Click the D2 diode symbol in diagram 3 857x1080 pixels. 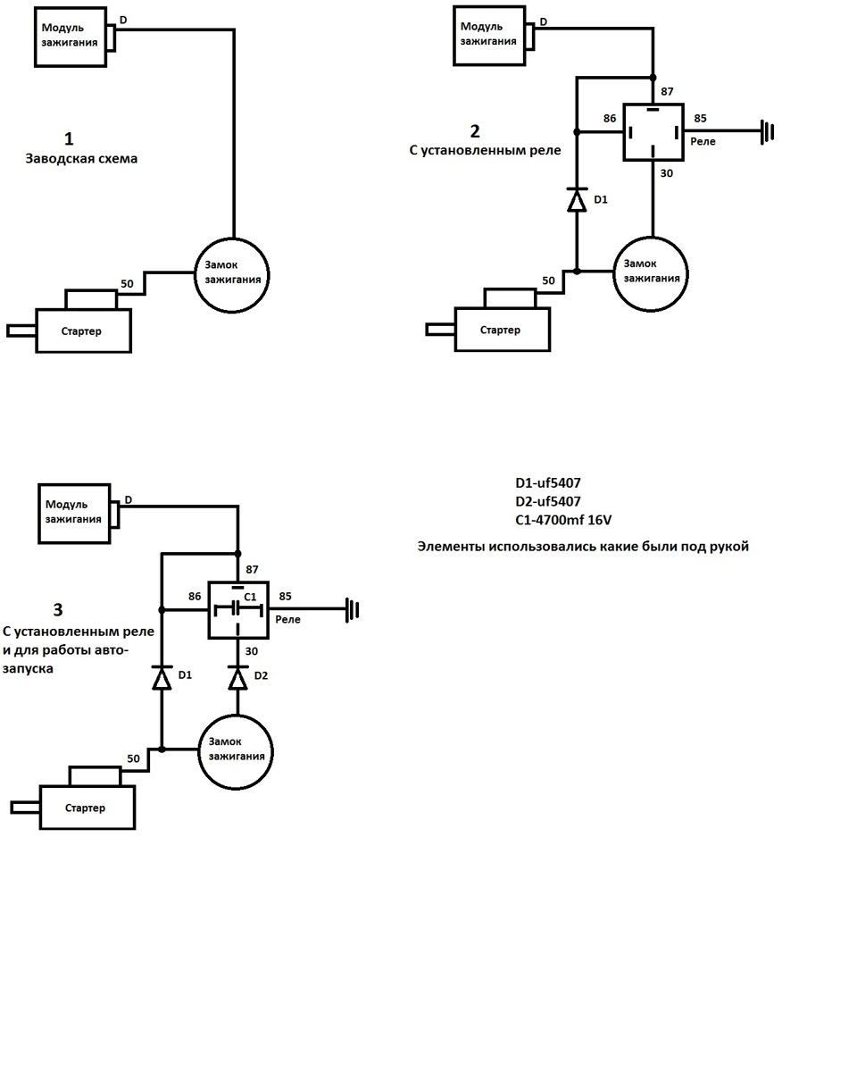pyautogui.click(x=237, y=677)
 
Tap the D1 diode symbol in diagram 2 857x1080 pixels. pyautogui.click(x=577, y=200)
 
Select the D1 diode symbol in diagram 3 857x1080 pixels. pyautogui.click(x=162, y=677)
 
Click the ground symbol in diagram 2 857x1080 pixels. pyautogui.click(x=767, y=132)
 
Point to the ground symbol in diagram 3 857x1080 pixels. pyautogui.click(x=353, y=610)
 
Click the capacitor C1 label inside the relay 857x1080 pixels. pyautogui.click(x=250, y=597)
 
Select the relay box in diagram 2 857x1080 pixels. pyautogui.click(x=653, y=132)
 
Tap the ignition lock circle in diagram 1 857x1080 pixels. pyautogui.click(x=232, y=275)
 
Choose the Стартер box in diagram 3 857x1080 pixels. pyautogui.click(x=87, y=808)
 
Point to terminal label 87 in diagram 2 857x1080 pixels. pyautogui.click(x=667, y=91)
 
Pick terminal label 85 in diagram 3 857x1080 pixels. pyautogui.click(x=285, y=596)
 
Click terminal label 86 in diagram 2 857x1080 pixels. pyautogui.click(x=610, y=119)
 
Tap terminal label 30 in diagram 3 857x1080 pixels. pyautogui.click(x=251, y=651)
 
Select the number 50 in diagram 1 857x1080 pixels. pyautogui.click(x=127, y=284)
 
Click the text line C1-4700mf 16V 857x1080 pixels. pyautogui.click(x=563, y=520)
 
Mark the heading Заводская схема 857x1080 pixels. pyautogui.click(x=81, y=159)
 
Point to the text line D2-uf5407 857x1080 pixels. pyautogui.click(x=547, y=501)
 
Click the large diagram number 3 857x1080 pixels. pyautogui.click(x=58, y=610)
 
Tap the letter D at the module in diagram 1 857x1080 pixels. pyautogui.click(x=123, y=20)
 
